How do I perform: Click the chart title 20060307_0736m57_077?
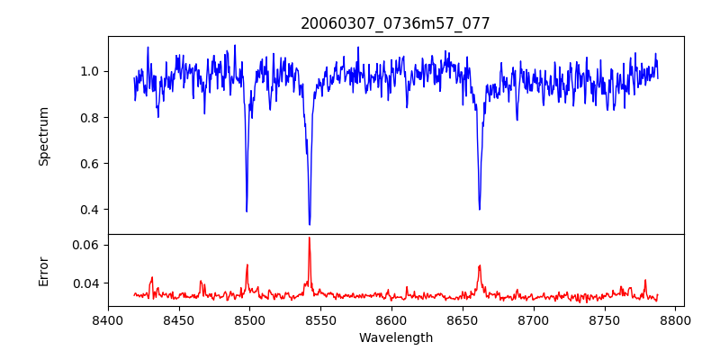pos(395,23)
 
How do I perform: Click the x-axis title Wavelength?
pos(395,337)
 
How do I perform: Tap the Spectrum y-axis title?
pos(44,136)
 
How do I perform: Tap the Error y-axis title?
pos(44,270)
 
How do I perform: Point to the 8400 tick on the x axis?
pos(108,319)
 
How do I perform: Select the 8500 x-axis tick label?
pos(249,319)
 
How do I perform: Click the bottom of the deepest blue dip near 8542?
pos(310,224)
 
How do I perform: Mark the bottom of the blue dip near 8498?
pos(247,211)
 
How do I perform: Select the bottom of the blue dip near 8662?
pos(480,210)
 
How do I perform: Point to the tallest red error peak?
pos(310,238)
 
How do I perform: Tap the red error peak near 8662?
pos(480,265)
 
